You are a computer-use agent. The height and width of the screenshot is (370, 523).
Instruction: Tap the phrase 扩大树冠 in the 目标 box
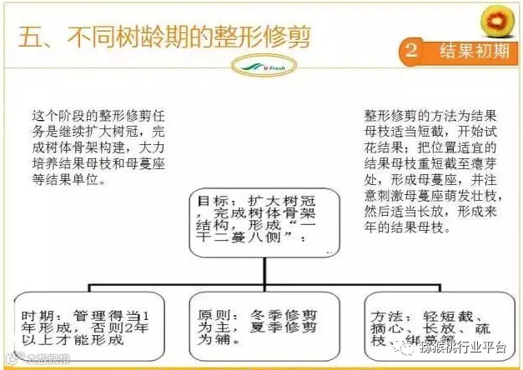click(x=284, y=200)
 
